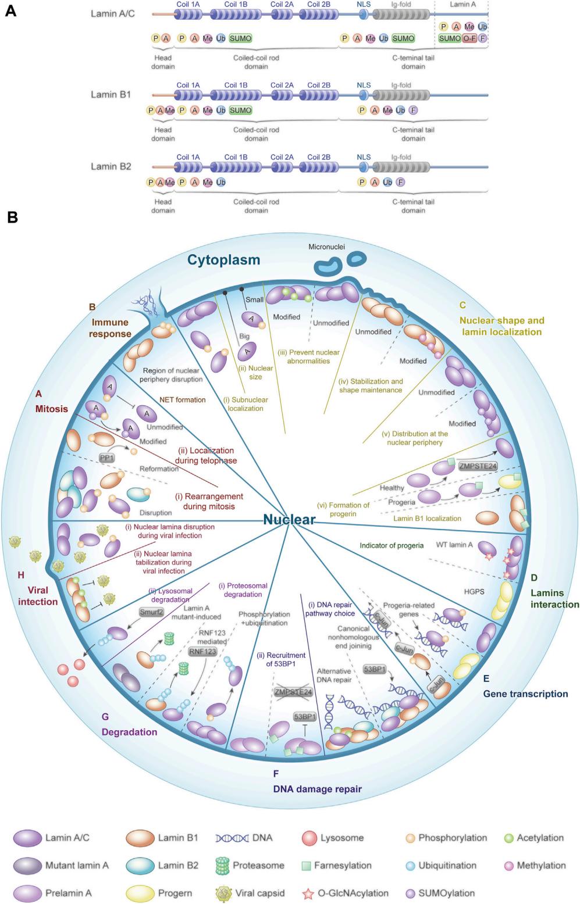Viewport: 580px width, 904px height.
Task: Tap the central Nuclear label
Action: click(x=289, y=519)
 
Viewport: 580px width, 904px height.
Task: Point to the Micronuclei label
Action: click(x=326, y=247)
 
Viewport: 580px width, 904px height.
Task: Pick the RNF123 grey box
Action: click(x=202, y=652)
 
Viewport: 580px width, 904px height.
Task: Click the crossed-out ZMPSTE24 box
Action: click(x=294, y=692)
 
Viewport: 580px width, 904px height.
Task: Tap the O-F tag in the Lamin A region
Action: click(x=469, y=38)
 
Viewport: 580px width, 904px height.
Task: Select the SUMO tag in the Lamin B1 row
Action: click(x=240, y=110)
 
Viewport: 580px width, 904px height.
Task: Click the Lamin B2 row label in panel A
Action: click(x=111, y=166)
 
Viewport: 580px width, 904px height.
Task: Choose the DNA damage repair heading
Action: click(x=318, y=789)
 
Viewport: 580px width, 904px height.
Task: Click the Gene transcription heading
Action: click(x=525, y=694)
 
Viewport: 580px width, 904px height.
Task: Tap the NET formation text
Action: click(x=183, y=399)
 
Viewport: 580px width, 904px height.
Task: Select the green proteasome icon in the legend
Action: click(x=222, y=866)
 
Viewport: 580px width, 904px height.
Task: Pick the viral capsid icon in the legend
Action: click(x=222, y=893)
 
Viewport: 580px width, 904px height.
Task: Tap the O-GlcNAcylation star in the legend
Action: click(x=308, y=894)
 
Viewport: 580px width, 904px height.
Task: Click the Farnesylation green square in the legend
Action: click(x=307, y=866)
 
